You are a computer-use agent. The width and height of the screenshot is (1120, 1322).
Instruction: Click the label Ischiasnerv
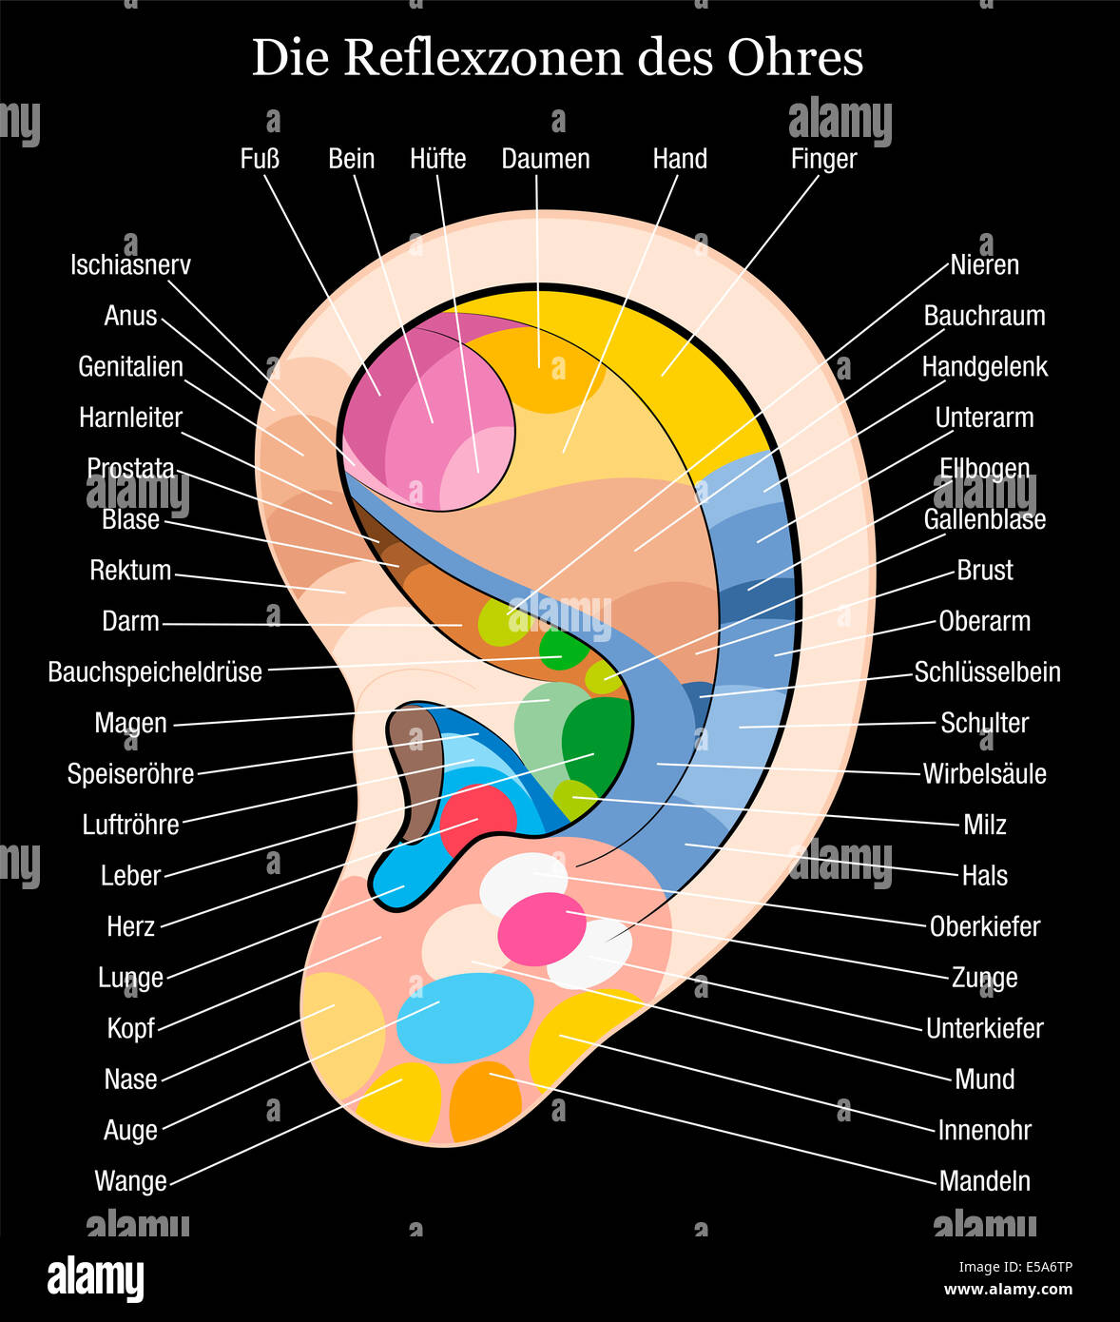point(130,265)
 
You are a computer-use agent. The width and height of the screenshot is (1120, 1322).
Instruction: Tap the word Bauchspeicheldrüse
point(155,672)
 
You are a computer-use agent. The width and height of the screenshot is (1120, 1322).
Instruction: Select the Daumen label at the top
point(546,159)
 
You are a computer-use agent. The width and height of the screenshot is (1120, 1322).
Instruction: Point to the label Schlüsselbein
point(987,672)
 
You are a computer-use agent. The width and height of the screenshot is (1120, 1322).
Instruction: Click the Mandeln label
point(984,1181)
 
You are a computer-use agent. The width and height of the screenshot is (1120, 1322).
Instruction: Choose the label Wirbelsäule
point(984,774)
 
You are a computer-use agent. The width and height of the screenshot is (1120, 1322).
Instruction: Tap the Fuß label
point(260,159)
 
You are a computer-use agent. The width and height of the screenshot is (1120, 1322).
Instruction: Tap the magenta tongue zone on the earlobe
point(542,928)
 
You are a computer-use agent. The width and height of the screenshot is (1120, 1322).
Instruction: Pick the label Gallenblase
point(984,520)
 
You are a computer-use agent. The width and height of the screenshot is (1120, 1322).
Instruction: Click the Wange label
point(130,1181)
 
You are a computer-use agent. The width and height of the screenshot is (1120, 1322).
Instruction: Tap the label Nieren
point(984,265)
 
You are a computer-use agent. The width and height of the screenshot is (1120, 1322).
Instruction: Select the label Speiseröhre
point(130,774)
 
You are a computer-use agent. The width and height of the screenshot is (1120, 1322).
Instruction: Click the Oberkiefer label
point(984,926)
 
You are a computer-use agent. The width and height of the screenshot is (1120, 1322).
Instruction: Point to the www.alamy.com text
point(1008,1290)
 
